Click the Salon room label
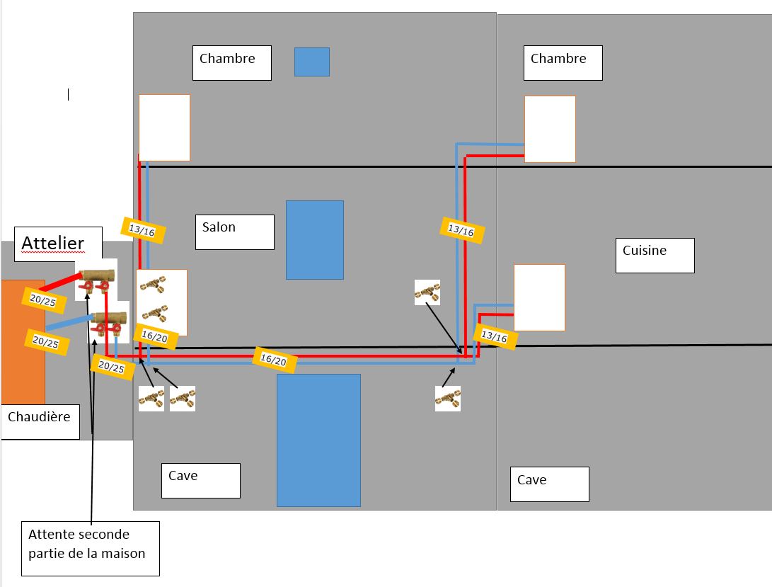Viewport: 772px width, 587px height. (234, 232)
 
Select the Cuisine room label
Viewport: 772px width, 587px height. (655, 255)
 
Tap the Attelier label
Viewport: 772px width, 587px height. (58, 244)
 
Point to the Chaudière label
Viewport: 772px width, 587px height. (40, 421)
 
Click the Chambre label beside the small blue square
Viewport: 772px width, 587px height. (231, 63)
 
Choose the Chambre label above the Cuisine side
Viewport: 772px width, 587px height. (563, 63)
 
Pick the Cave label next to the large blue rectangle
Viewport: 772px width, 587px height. (200, 480)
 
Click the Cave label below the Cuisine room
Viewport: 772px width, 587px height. (549, 484)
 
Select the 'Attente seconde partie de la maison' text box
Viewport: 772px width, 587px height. (89, 548)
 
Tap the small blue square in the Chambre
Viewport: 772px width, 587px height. (312, 62)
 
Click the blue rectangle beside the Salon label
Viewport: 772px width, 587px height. (315, 239)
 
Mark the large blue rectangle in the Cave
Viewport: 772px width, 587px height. (318, 440)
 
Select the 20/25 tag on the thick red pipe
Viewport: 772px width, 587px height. (44, 301)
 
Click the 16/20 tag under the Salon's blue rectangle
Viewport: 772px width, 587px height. (275, 360)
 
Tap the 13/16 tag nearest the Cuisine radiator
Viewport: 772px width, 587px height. (495, 336)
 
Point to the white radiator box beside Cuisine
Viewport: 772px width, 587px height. (539, 297)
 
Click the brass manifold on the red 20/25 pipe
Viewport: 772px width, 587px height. (96, 279)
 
